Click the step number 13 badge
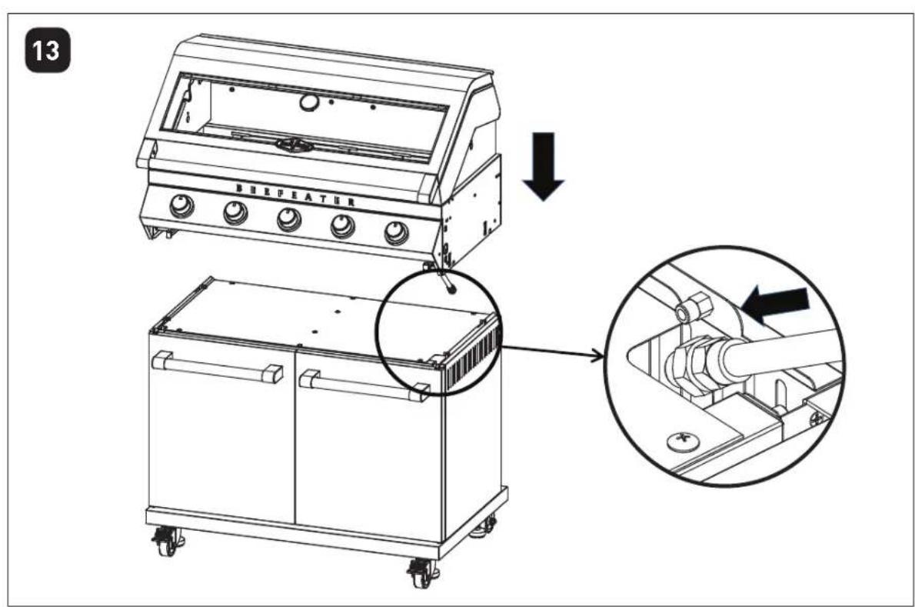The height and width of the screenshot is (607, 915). click(x=48, y=50)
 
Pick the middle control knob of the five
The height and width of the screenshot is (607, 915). click(x=289, y=218)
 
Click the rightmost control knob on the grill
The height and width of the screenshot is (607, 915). click(x=397, y=232)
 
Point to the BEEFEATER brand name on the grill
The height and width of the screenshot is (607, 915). click(x=295, y=195)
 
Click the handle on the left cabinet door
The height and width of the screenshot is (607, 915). click(x=217, y=367)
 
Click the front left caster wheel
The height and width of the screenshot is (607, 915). click(x=167, y=541)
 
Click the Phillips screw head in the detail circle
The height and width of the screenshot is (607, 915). click(x=682, y=439)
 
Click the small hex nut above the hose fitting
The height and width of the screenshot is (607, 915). click(x=692, y=309)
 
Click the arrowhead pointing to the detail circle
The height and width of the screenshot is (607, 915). click(x=597, y=356)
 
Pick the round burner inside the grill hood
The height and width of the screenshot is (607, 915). click(x=294, y=145)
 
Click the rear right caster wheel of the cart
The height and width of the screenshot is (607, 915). click(x=484, y=528)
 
